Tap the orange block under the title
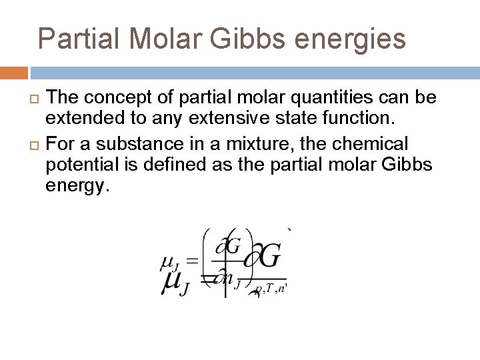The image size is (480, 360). [13, 72]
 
